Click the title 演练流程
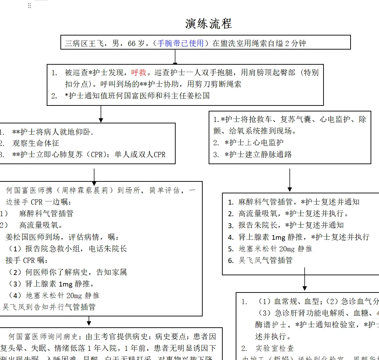pyautogui.click(x=208, y=24)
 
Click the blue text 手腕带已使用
pyautogui.click(x=181, y=43)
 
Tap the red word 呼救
pyautogui.click(x=139, y=73)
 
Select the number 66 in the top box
pyautogui.click(x=131, y=44)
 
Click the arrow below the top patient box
pyautogui.click(x=175, y=57)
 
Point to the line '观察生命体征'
pyautogui.click(x=36, y=143)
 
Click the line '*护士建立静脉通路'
pyautogui.click(x=258, y=154)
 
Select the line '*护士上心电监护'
pyautogui.click(x=254, y=142)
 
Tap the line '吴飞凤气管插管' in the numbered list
pyautogui.click(x=266, y=260)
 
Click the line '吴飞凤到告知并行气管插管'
pyautogui.click(x=49, y=307)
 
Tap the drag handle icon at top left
pyautogui.click(x=30, y=6)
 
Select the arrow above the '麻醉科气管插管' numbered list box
pyautogui.click(x=290, y=181)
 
